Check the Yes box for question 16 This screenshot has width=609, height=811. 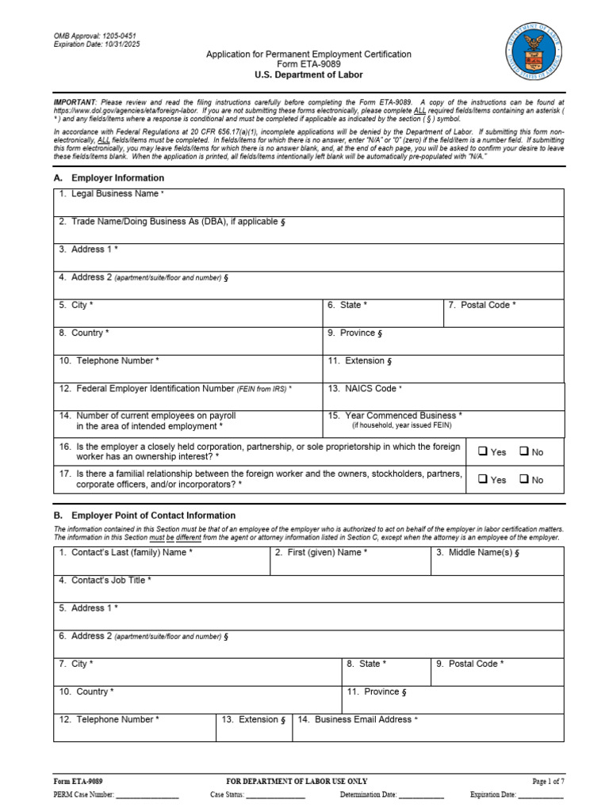tap(482, 451)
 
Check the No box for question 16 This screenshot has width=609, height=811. tap(524, 451)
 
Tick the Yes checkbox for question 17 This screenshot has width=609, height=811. tap(482, 479)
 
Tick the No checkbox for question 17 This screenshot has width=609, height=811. tap(524, 479)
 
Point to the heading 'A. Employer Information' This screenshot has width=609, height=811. tap(109, 178)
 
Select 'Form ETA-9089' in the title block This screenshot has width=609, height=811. tap(308, 64)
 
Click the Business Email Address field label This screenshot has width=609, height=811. tap(357, 720)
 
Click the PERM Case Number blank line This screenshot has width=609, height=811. tap(147, 794)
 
